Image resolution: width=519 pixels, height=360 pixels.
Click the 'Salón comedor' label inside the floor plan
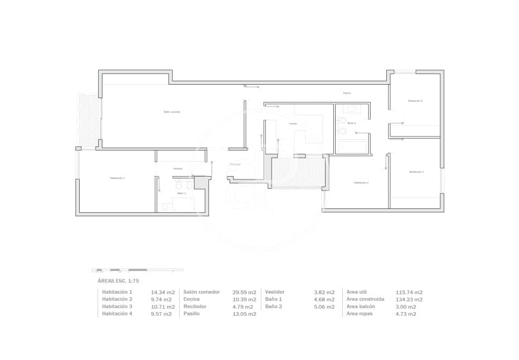(172, 112)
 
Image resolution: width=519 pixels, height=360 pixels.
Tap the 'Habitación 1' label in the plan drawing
(117, 178)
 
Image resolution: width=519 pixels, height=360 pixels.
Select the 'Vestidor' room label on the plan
(177, 168)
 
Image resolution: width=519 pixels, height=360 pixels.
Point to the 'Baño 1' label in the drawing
(181, 193)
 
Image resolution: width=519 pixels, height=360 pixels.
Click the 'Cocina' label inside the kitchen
(293, 124)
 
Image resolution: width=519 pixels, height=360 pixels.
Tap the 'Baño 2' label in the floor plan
(351, 123)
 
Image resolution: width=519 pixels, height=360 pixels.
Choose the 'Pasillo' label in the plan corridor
(347, 93)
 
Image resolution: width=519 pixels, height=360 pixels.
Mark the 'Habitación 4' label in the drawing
(415, 101)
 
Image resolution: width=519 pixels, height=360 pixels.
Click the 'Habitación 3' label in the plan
(416, 172)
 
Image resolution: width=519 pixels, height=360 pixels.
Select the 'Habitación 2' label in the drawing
(361, 182)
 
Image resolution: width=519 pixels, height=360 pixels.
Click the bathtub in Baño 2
(353, 147)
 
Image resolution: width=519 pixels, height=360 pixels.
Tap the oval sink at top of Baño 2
(352, 109)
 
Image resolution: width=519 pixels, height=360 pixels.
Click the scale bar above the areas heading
(137, 270)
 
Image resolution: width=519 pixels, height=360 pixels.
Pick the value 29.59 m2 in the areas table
(244, 292)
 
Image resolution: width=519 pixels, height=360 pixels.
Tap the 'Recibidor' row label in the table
(195, 307)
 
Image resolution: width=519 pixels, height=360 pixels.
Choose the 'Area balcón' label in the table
(361, 307)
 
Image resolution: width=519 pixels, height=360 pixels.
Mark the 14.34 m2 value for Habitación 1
(163, 292)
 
